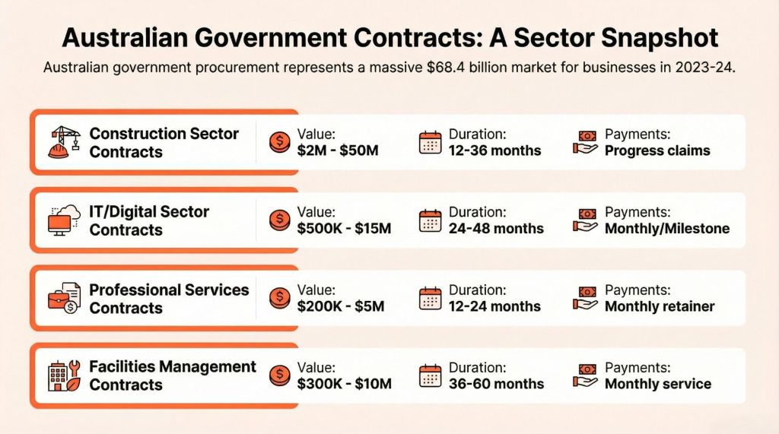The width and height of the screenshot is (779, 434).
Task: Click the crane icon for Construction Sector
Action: point(63,142)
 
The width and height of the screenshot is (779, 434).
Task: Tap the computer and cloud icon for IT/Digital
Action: point(63,220)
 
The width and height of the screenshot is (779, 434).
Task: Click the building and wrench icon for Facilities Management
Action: point(63,375)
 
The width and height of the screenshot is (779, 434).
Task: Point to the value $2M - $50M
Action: point(338,150)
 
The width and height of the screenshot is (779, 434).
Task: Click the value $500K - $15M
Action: point(344,229)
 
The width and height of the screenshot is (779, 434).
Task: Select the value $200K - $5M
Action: point(341,307)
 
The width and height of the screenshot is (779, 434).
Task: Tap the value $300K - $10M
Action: point(344,384)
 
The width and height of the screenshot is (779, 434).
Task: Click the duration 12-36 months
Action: point(494,150)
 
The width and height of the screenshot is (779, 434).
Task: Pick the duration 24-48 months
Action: point(496,229)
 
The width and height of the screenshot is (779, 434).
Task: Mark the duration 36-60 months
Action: point(496,384)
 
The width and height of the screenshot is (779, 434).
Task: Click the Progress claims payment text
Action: point(657,150)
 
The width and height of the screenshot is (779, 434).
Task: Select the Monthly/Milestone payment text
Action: point(666,229)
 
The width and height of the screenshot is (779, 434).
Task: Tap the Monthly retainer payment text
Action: point(660,307)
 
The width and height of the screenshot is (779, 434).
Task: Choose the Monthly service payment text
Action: point(658,384)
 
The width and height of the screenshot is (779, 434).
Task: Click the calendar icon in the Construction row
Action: point(431,143)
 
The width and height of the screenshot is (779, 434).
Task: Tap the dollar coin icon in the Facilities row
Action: point(280,375)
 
